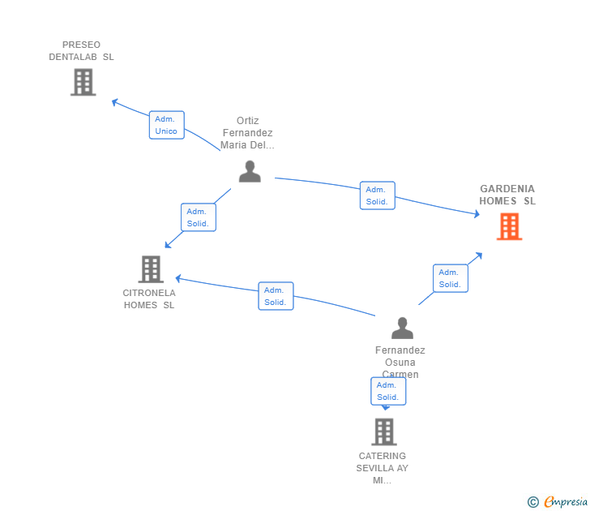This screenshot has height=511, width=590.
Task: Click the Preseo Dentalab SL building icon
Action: coord(83,82)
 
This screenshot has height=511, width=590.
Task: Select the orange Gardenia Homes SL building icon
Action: coord(509,226)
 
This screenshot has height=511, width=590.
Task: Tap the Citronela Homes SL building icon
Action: coord(151,269)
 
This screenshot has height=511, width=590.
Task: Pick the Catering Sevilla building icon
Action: coord(384,432)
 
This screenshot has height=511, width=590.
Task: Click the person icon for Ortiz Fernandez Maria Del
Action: coord(250,171)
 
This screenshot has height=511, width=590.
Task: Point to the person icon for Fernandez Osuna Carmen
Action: coord(402,328)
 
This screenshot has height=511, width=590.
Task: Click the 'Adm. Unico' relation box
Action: coord(167,125)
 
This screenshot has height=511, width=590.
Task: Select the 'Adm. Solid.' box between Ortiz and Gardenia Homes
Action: coord(377,195)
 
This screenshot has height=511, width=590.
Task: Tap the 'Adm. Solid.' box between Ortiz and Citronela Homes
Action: coord(198,217)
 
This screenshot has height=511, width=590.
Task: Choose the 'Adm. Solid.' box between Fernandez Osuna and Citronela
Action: coord(276,296)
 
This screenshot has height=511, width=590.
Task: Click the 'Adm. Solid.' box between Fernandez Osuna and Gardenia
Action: coord(450,278)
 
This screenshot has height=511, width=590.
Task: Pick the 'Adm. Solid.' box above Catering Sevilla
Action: coord(388,391)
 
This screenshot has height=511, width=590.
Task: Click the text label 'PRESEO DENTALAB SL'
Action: coord(81,50)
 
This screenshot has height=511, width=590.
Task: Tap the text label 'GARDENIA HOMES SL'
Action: coord(507,195)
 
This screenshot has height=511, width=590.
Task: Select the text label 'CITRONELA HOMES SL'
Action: coord(149,298)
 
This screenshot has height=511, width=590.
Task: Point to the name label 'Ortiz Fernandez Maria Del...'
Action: coord(248,133)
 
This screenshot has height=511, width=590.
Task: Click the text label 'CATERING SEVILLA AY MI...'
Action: coord(383,468)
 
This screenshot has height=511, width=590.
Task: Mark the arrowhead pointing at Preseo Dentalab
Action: coord(115,102)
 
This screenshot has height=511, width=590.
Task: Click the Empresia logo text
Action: coord(566,502)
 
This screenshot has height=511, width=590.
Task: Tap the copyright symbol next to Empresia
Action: coord(532,502)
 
